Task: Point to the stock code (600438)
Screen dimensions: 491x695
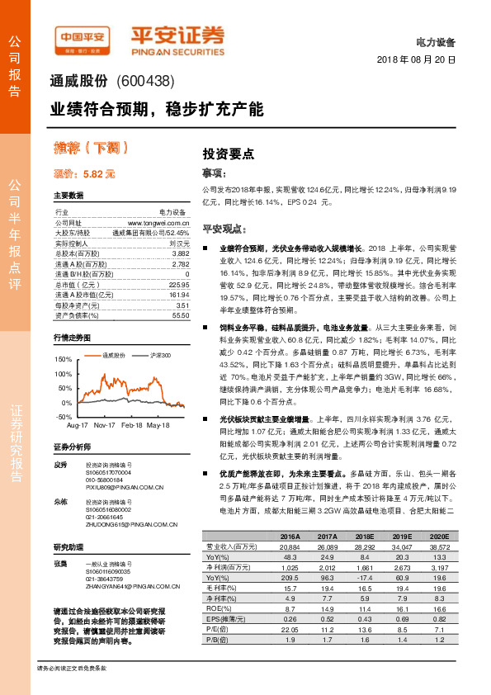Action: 144,81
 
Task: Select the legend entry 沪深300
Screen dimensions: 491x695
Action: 160,355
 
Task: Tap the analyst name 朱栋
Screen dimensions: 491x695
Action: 60,502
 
